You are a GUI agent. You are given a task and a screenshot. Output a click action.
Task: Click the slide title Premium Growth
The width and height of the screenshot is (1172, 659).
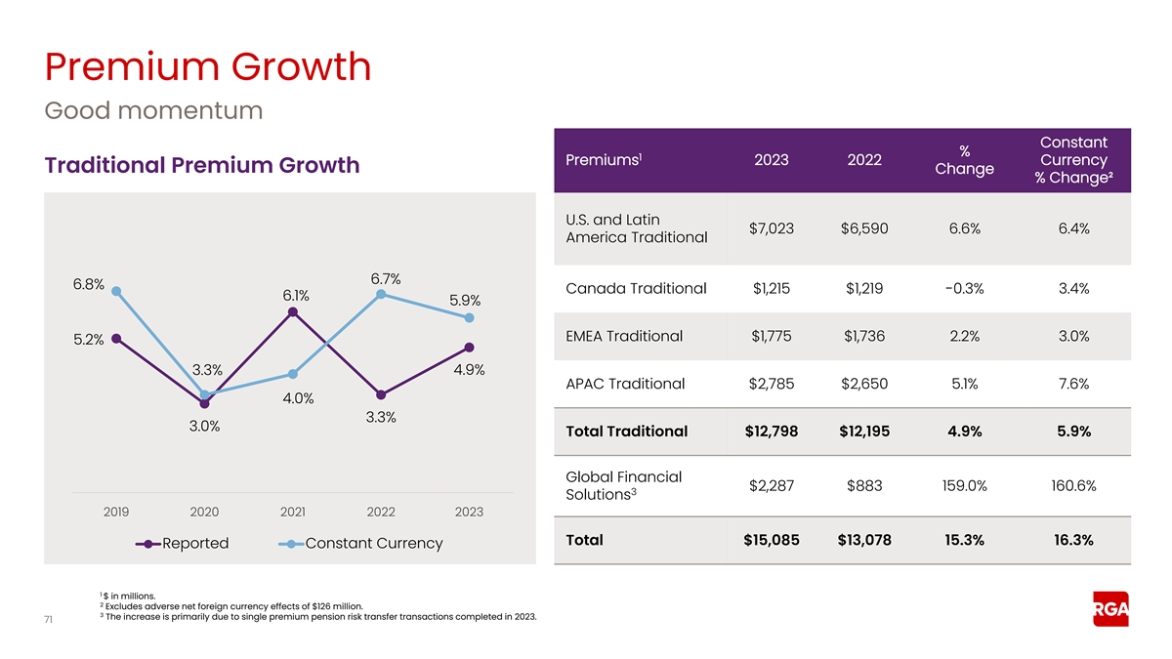point(208,67)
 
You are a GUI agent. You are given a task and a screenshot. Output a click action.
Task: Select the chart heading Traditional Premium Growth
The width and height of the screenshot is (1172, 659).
point(201,165)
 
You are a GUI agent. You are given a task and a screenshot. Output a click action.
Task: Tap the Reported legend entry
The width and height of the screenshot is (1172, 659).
point(183,543)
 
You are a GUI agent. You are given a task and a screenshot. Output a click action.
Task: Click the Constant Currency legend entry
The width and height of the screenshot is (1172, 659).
point(361,543)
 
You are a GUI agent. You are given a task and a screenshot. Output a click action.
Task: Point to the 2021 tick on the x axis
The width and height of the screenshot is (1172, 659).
point(292,512)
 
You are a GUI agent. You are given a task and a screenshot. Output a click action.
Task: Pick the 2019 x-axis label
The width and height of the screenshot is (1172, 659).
point(116,512)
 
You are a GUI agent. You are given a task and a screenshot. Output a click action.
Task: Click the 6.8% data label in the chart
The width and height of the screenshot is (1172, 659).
point(89,284)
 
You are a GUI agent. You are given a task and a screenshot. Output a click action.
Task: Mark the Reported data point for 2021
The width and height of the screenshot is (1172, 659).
point(293,311)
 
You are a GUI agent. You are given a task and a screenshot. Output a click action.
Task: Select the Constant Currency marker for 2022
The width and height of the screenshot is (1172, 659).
point(381,294)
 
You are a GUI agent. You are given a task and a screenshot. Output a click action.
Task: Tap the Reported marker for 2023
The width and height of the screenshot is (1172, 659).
point(470,348)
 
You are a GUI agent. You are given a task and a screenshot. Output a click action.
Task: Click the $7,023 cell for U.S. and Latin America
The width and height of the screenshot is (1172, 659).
point(771,228)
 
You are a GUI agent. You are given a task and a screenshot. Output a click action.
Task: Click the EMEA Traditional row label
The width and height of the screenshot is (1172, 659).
point(624,336)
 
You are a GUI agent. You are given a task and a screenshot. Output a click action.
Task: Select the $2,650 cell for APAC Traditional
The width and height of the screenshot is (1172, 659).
point(864,384)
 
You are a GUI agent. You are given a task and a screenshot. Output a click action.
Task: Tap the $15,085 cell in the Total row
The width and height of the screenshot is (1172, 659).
point(771,540)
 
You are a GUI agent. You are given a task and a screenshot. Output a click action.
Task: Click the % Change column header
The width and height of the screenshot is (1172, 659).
point(964,159)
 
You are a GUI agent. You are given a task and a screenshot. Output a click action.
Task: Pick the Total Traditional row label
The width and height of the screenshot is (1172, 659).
point(626,432)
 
